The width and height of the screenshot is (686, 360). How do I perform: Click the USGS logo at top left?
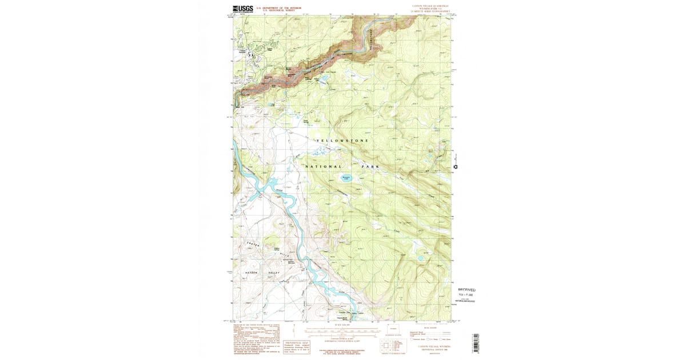pos(243,9)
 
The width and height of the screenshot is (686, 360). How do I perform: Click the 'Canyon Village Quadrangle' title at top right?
pos(430,6)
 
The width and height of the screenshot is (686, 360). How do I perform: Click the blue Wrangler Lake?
pos(346,178)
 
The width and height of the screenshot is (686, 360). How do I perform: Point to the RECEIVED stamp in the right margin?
pos(466,290)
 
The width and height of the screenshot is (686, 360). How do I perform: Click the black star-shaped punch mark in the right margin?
pos(456,167)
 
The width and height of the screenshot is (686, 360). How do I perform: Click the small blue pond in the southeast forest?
pos(421,258)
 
